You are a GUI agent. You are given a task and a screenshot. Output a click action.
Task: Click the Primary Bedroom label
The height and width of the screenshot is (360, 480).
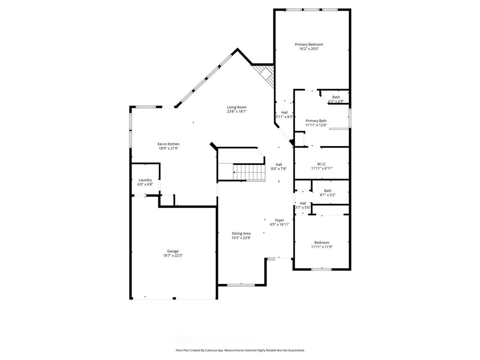tap(309, 45)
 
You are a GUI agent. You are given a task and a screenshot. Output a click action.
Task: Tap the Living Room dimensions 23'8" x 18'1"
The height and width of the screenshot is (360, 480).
tap(237, 112)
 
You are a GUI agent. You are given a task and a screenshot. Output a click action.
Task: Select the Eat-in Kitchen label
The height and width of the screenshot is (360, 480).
tap(168, 144)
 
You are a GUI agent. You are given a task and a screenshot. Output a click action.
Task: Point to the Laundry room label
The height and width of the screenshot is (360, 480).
tap(145, 180)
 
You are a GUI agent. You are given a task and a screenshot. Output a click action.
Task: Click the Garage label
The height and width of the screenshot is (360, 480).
tap(173, 251)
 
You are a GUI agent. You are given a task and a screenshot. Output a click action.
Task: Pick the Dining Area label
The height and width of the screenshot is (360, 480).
tap(241, 233)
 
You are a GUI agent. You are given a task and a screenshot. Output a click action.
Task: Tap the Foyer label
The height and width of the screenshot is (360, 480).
tap(279, 220)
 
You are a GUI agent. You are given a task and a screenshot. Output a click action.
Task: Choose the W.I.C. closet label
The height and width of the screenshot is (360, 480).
tap(322, 164)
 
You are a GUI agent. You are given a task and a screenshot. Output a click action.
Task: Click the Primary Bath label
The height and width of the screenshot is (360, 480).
tap(316, 120)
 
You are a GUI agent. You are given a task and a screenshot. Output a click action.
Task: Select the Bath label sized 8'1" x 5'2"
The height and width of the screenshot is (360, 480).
tap(328, 191)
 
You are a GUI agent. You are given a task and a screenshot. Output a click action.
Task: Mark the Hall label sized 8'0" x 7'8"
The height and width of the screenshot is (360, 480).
tap(278, 165)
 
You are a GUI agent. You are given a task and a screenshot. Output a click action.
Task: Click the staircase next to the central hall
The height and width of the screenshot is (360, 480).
tap(249, 172)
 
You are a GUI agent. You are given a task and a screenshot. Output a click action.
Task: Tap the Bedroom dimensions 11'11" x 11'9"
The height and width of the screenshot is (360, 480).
tap(322, 247)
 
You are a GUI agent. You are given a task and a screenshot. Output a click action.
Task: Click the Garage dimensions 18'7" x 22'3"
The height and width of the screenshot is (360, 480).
tap(173, 256)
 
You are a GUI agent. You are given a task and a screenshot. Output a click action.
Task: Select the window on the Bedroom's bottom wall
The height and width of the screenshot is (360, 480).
tap(322, 269)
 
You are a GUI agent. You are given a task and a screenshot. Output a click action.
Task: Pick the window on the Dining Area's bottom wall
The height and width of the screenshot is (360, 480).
tap(241, 285)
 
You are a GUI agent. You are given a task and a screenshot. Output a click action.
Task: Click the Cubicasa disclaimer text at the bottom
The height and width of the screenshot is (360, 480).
tap(240, 350)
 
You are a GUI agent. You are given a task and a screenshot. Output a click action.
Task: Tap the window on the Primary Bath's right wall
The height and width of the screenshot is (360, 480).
tap(349, 118)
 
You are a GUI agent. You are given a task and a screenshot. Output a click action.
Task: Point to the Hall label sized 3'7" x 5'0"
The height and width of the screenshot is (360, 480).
tap(303, 203)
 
